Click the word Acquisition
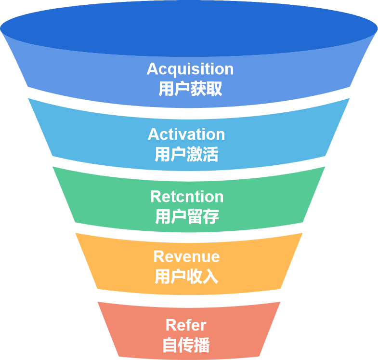(x=190, y=69)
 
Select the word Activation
(x=186, y=134)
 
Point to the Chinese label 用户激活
(x=186, y=154)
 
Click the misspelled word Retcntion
(x=187, y=197)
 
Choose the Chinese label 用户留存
(x=187, y=217)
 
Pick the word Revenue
(x=186, y=256)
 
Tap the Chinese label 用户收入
(x=186, y=277)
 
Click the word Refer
(x=186, y=325)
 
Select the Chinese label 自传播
(x=186, y=345)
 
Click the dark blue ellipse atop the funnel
(x=189, y=29)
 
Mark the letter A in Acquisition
(x=153, y=69)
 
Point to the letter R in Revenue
(x=158, y=256)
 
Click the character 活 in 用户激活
(x=210, y=154)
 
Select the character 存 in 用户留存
(x=211, y=217)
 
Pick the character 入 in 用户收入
(x=210, y=277)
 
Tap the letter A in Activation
(x=154, y=134)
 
